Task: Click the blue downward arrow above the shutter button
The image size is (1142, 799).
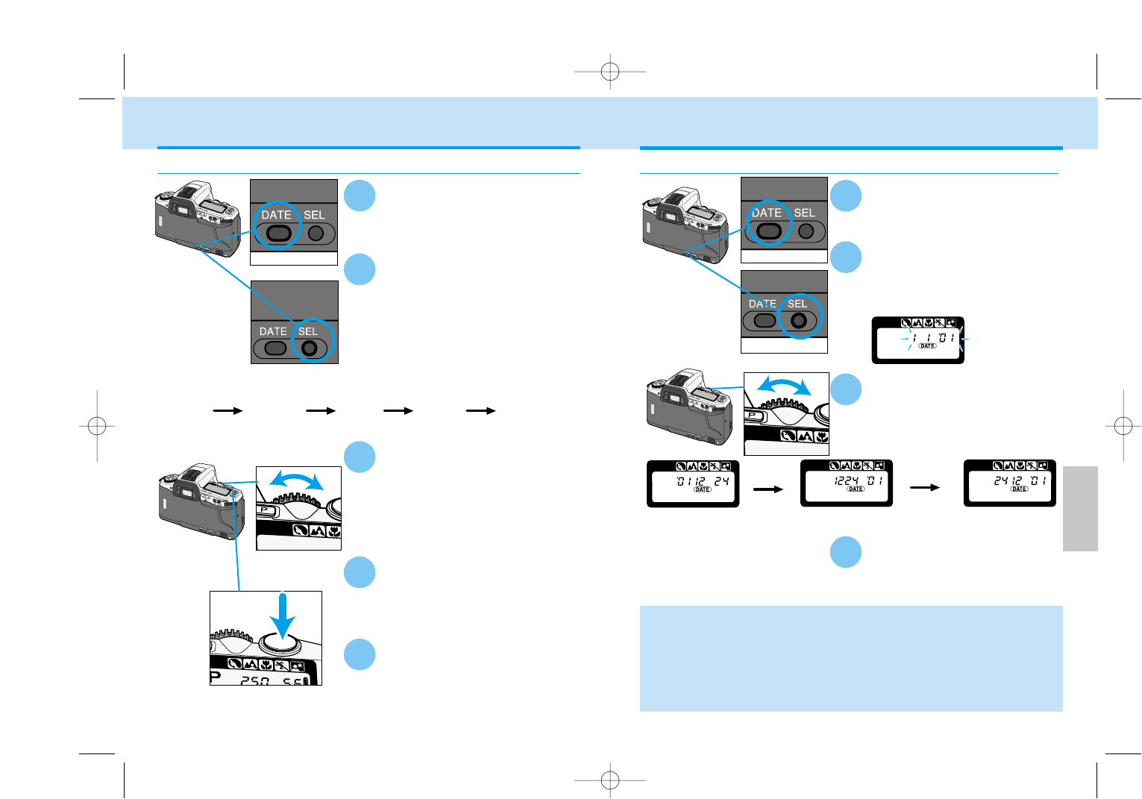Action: click(x=282, y=616)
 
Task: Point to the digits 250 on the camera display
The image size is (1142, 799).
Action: click(x=254, y=680)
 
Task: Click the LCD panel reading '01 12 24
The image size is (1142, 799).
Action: click(x=693, y=483)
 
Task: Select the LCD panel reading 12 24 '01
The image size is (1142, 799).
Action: click(x=847, y=483)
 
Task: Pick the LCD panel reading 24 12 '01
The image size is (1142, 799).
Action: click(x=1010, y=483)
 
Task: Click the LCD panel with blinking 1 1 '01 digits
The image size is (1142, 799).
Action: click(x=918, y=340)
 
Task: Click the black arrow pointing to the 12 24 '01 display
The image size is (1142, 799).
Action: click(x=768, y=489)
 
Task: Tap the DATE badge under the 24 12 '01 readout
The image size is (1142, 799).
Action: click(x=1019, y=489)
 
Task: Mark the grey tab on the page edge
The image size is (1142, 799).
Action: click(x=1080, y=508)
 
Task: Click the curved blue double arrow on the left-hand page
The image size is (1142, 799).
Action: click(x=297, y=479)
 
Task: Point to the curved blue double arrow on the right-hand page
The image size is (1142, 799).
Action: click(x=784, y=385)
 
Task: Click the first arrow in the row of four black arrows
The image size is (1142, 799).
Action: click(x=228, y=410)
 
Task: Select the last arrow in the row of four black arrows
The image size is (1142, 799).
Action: click(x=481, y=410)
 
